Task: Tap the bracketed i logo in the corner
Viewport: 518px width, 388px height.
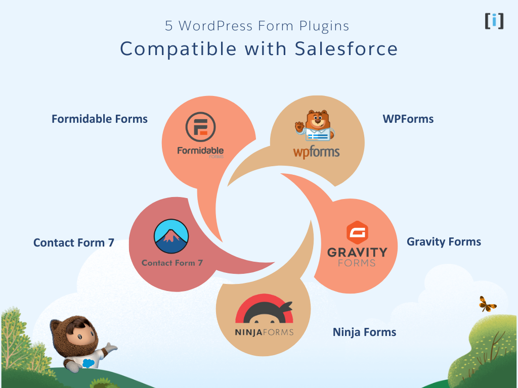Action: tap(494, 21)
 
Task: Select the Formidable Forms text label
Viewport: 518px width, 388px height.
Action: tap(100, 119)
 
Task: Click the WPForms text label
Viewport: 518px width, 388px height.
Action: tap(408, 119)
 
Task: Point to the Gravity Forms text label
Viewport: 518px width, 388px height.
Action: tap(444, 242)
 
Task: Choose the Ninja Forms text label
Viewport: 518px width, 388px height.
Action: tap(364, 332)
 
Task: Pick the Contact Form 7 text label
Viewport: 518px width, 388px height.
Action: tap(74, 243)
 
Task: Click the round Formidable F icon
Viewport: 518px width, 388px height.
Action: tap(200, 127)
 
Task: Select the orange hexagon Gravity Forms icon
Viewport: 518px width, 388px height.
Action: tap(357, 233)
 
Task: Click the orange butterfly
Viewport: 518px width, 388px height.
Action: tap(488, 304)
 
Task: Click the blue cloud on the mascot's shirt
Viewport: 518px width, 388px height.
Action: tap(88, 363)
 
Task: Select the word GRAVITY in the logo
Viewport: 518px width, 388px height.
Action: tap(357, 252)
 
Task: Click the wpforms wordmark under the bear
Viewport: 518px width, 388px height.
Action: tap(316, 152)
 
